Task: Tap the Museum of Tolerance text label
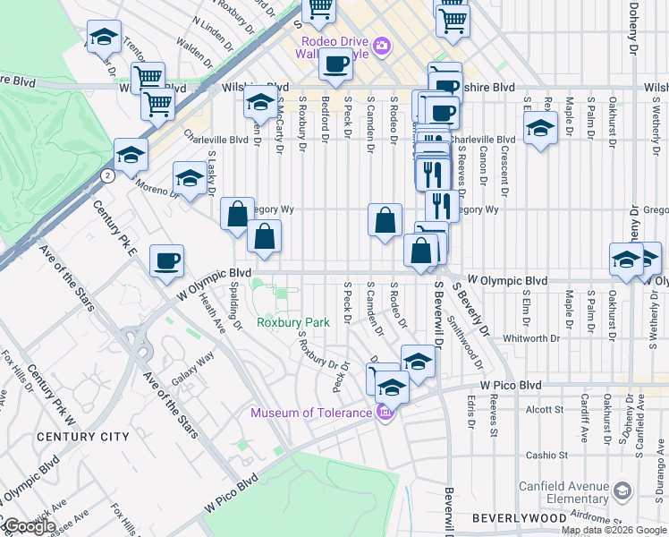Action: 310,413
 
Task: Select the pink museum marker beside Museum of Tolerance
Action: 385,412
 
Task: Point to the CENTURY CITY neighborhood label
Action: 83,437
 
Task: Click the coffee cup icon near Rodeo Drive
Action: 336,64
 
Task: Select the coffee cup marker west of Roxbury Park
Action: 166,261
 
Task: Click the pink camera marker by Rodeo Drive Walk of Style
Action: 382,45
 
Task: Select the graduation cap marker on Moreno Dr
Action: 190,179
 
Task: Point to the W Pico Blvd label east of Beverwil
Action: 511,385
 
